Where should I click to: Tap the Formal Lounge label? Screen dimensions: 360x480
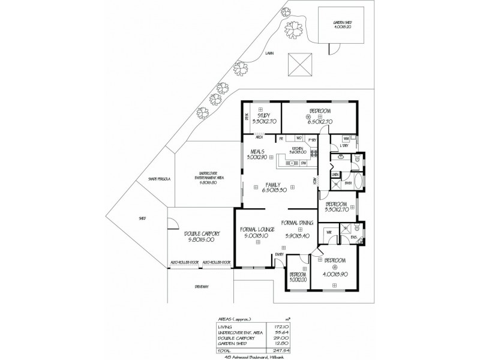(x=257, y=230)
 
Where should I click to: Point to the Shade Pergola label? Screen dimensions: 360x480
(x=161, y=179)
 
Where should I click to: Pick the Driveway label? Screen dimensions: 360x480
(x=201, y=287)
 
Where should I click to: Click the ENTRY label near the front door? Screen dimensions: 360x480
(x=279, y=255)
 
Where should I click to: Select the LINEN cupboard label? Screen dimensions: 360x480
(x=335, y=175)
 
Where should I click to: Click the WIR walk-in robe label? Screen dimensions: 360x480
(x=329, y=231)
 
